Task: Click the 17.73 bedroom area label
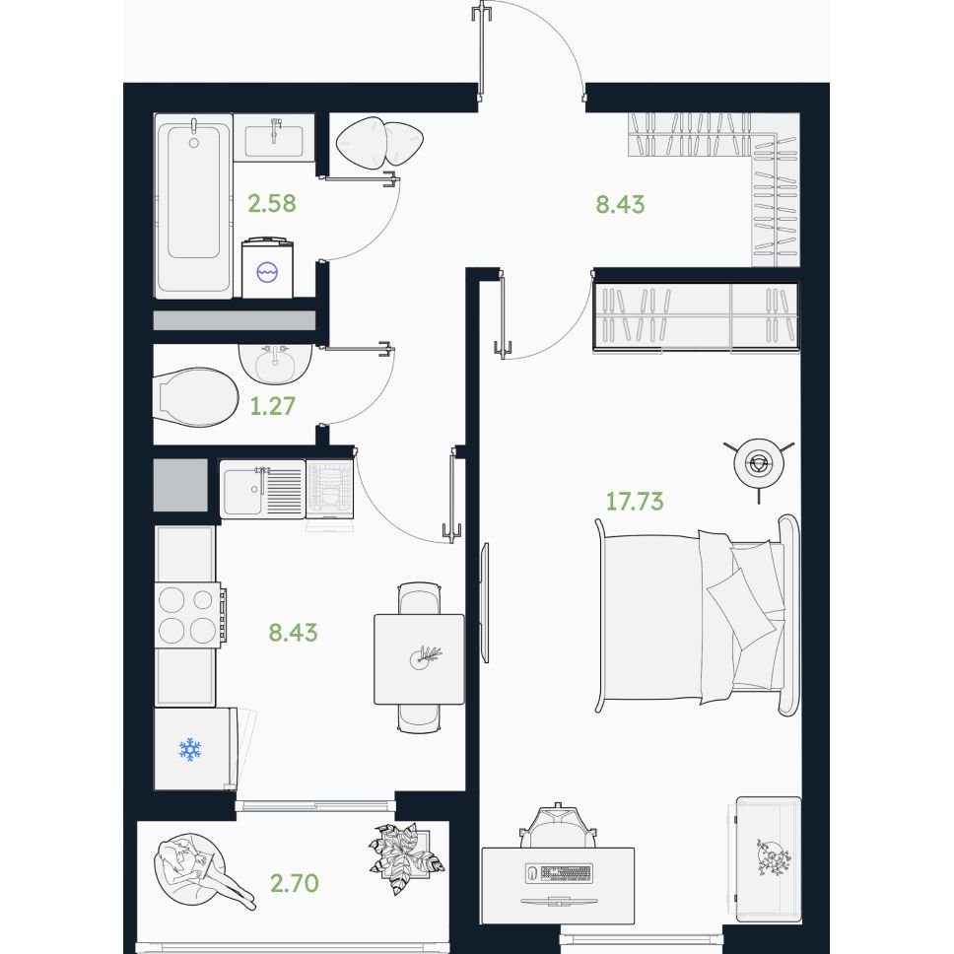pyautogui.click(x=634, y=502)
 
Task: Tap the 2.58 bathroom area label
pyautogui.click(x=272, y=203)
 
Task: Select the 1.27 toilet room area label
pyautogui.click(x=273, y=406)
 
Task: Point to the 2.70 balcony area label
pyautogui.click(x=295, y=883)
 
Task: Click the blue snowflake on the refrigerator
pyautogui.click(x=190, y=750)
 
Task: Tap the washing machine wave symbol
pyautogui.click(x=267, y=272)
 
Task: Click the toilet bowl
pyautogui.click(x=196, y=397)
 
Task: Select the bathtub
pyautogui.click(x=193, y=206)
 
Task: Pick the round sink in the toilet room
pyautogui.click(x=275, y=364)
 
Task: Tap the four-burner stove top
pyautogui.click(x=188, y=615)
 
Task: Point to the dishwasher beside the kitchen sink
pyautogui.click(x=329, y=490)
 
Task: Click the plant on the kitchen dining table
pyautogui.click(x=424, y=657)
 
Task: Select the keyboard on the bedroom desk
pyautogui.click(x=559, y=872)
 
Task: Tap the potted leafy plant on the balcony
pyautogui.click(x=406, y=858)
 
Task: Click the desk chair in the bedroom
pyautogui.click(x=558, y=825)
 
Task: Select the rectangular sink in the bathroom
pyautogui.click(x=274, y=138)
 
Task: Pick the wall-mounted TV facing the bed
pyautogui.click(x=484, y=602)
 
